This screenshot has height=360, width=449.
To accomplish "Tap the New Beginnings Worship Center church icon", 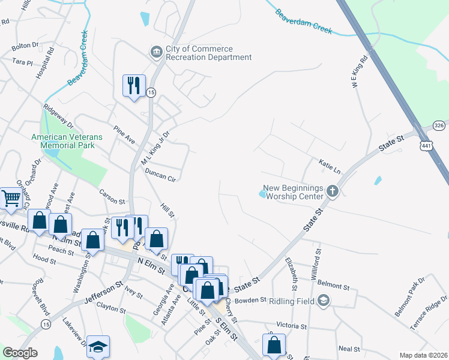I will [333, 193].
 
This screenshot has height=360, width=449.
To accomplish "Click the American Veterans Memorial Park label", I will [67, 142].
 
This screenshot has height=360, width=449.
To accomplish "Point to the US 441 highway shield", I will [426, 146].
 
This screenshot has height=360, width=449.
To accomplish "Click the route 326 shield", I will [440, 125].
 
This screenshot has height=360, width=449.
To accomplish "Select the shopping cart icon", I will [11, 198].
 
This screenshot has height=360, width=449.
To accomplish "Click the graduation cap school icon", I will [98, 347].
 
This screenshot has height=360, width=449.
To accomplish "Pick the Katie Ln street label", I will [330, 166].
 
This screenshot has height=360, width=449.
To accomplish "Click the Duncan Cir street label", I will [160, 175].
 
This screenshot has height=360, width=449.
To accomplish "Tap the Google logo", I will [20, 353].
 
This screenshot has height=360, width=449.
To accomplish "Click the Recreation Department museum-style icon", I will [157, 53].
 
